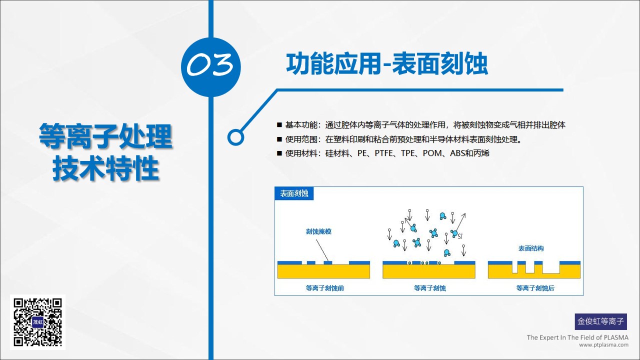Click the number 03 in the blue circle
click(x=210, y=64)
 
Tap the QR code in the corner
click(x=37, y=322)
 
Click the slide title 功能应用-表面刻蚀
click(x=387, y=63)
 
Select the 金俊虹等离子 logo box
click(x=601, y=321)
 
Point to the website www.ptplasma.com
click(x=603, y=345)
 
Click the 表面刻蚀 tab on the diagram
click(x=294, y=193)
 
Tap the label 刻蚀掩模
click(x=318, y=231)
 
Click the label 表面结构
click(x=531, y=248)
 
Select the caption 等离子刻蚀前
click(x=325, y=288)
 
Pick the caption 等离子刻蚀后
click(x=535, y=288)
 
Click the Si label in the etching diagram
click(x=459, y=236)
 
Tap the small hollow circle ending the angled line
click(x=235, y=137)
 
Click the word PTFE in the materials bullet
click(x=383, y=153)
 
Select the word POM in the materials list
click(x=432, y=153)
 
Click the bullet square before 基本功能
click(x=279, y=125)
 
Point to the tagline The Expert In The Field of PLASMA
click(x=577, y=337)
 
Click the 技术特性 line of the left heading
click(x=105, y=168)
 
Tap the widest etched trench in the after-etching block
click(x=551, y=269)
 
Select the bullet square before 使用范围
click(x=279, y=139)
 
